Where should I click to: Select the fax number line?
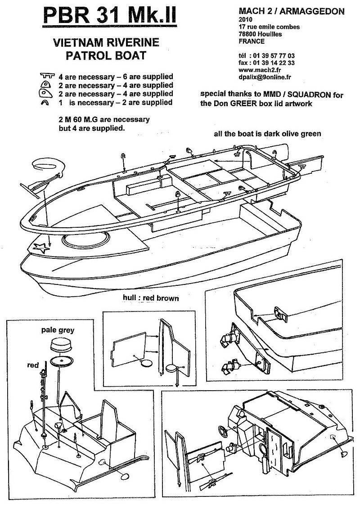coord(267,63)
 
